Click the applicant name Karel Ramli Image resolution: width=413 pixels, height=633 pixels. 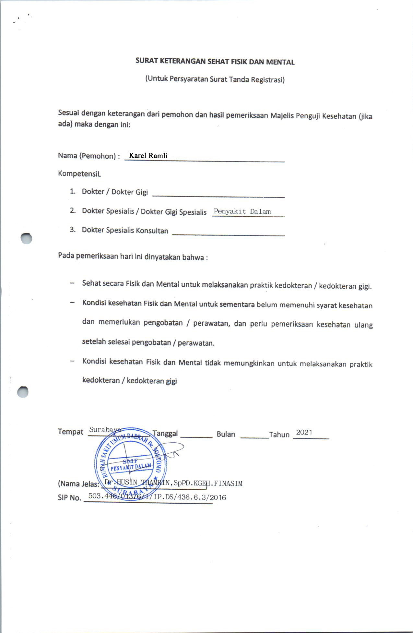(x=148, y=156)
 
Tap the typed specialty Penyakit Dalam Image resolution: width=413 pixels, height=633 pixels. (x=242, y=211)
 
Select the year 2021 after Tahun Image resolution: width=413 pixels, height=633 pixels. (x=304, y=432)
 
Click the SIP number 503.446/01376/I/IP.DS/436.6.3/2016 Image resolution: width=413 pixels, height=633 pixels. (x=157, y=496)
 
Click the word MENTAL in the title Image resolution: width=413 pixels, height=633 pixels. (x=280, y=62)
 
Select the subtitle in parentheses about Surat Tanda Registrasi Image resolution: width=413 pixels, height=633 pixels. (x=215, y=79)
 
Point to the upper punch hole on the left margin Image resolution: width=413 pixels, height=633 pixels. (x=26, y=238)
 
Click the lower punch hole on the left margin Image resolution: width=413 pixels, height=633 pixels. (x=23, y=392)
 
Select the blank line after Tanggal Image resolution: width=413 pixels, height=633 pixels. (x=196, y=436)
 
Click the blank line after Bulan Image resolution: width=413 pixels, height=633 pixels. (x=254, y=437)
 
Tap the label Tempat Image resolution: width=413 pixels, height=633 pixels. (x=71, y=432)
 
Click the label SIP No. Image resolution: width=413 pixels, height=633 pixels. (x=69, y=498)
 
